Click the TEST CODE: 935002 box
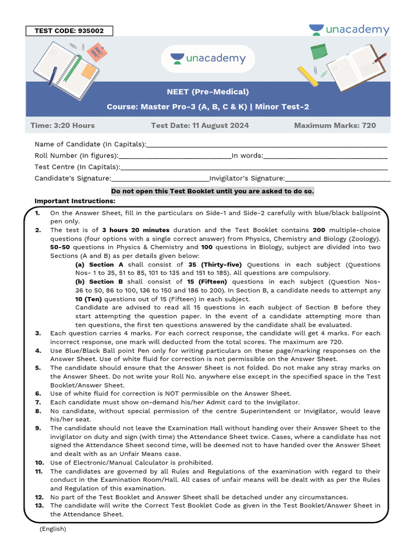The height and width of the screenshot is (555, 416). pyautogui.click(x=69, y=31)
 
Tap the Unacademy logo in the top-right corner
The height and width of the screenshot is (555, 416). pyautogui.click(x=349, y=30)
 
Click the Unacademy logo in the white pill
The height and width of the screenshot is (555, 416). pyautogui.click(x=208, y=59)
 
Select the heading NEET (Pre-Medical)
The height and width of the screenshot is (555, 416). pyautogui.click(x=208, y=92)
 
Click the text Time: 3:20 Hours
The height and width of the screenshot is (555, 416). pyautogui.click(x=62, y=125)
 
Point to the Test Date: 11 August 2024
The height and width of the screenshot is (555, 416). pyautogui.click(x=200, y=125)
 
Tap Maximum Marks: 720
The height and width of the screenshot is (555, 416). pyautogui.click(x=335, y=125)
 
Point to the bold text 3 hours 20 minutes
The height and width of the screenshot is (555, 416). pyautogui.click(x=135, y=230)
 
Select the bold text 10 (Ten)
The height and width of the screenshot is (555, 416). pyautogui.click(x=88, y=299)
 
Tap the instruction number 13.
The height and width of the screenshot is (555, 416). pyautogui.click(x=38, y=506)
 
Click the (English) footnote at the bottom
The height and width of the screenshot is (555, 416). pyautogui.click(x=53, y=528)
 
